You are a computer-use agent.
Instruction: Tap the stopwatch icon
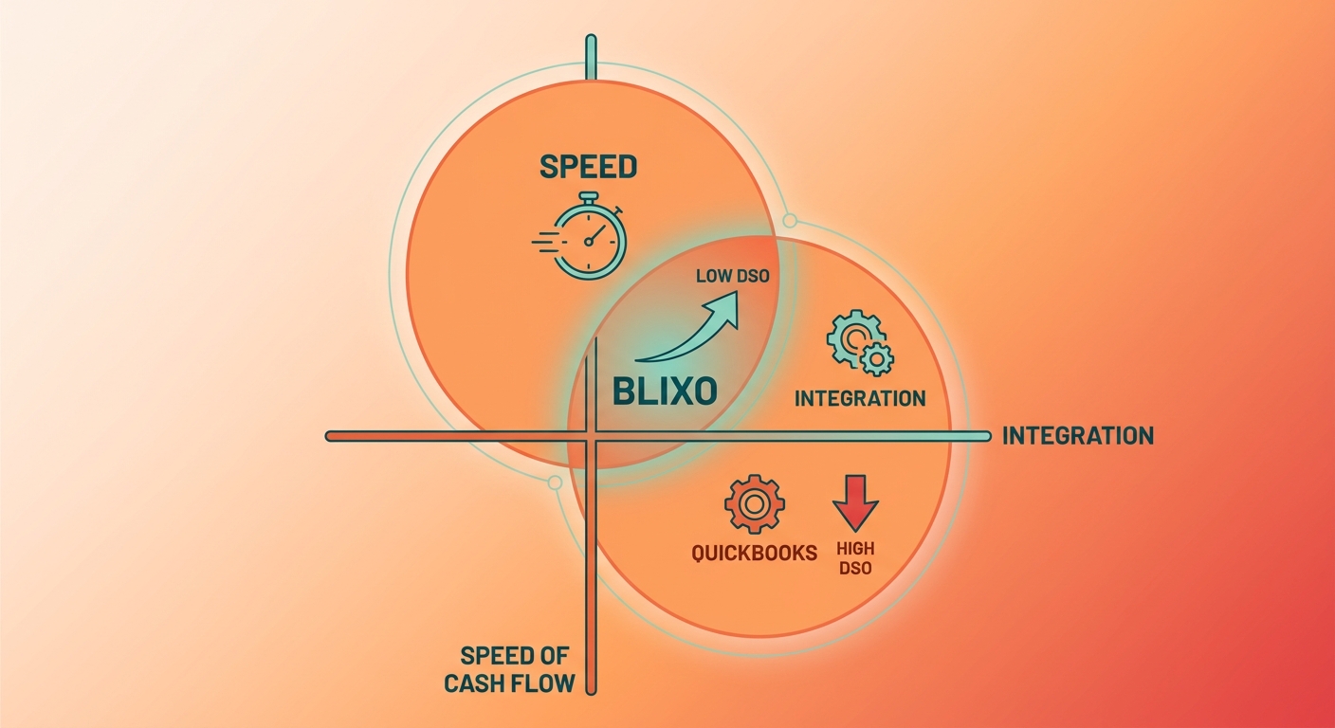click(x=581, y=235)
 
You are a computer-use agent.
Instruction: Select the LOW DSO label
click(x=733, y=276)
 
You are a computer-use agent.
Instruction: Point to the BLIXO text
click(x=665, y=391)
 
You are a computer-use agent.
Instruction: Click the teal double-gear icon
click(x=860, y=342)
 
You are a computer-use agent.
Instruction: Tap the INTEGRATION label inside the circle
click(x=860, y=398)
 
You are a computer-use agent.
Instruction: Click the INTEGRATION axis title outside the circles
click(x=1078, y=436)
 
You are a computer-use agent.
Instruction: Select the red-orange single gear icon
click(x=755, y=504)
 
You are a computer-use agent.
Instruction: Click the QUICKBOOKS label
click(x=754, y=554)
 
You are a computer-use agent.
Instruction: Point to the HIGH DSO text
click(x=855, y=558)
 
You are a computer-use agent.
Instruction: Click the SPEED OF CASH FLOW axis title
click(x=509, y=669)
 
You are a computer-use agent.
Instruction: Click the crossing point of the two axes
click(x=592, y=437)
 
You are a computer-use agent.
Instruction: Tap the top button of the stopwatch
click(x=588, y=197)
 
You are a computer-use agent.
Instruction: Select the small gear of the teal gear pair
click(x=876, y=358)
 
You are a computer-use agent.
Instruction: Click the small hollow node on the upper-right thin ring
click(x=790, y=221)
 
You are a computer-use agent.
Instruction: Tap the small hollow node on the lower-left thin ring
click(x=555, y=482)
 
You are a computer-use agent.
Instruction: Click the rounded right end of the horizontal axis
click(x=986, y=437)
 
